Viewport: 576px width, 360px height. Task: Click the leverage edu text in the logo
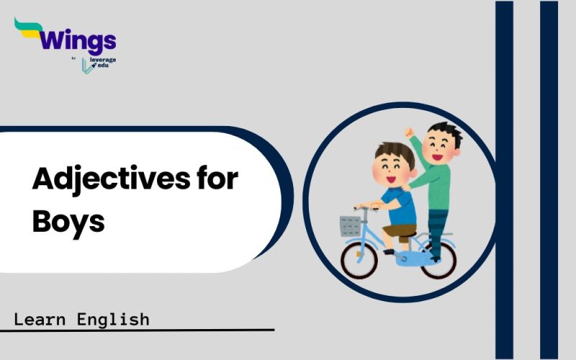[102, 63]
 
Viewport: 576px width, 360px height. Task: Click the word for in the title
[217, 177]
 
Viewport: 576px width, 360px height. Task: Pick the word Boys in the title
[68, 222]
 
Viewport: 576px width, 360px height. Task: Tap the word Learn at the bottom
[40, 319]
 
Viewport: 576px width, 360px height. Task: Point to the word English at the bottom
[113, 319]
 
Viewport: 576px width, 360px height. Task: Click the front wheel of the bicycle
[359, 260]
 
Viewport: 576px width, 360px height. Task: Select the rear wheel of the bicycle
[439, 260]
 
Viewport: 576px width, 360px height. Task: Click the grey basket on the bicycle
[350, 226]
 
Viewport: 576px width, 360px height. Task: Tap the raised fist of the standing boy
[409, 132]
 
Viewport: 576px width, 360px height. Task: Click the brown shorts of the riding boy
[400, 231]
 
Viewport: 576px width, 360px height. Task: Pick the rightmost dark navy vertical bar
[549, 180]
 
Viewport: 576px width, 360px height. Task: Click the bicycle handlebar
[366, 208]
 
